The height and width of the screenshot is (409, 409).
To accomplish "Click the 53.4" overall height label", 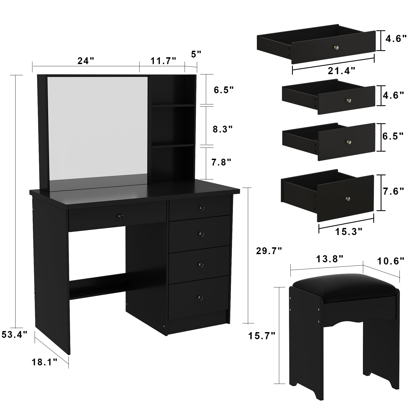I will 14,334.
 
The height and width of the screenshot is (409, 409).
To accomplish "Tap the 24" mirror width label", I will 85,61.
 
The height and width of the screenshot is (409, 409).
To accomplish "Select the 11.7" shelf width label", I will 164,61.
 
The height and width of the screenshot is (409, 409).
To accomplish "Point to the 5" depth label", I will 196,54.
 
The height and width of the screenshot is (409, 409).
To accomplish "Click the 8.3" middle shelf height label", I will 223,129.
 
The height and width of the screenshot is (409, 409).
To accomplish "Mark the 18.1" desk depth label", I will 44,362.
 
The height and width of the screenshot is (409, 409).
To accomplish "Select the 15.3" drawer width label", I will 348,232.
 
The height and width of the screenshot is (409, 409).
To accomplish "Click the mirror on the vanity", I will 98,128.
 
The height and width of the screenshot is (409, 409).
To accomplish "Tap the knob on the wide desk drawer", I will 120,216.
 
